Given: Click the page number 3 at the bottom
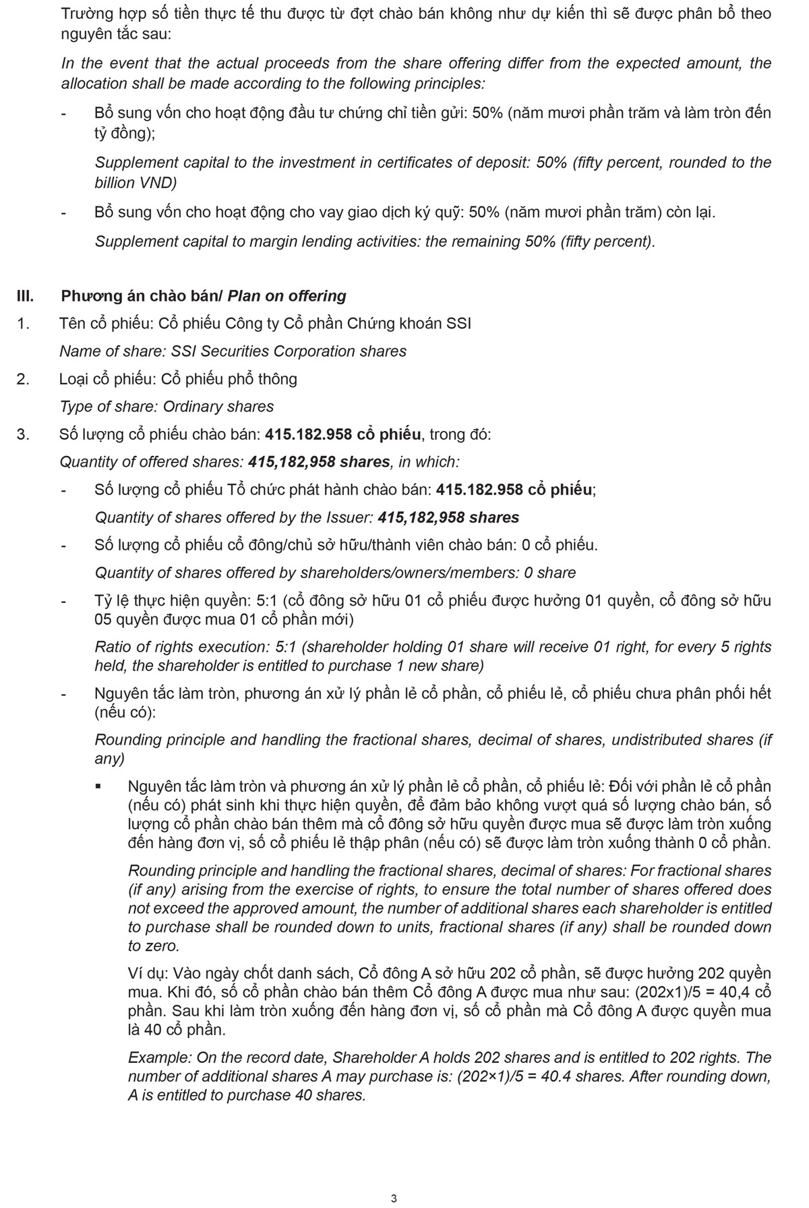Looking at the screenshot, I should (394, 1198).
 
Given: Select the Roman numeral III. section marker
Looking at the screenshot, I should (26, 296).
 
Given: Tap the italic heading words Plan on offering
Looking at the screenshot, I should (287, 296).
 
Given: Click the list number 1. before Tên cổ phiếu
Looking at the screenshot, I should (23, 324).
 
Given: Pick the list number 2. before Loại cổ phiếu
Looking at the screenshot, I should (23, 379).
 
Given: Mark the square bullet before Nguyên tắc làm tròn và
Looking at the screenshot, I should (98, 786).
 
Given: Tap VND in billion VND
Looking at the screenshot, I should (159, 183).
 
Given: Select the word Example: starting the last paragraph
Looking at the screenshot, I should (160, 1058).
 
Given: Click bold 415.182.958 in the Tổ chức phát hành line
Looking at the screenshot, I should (479, 490).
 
